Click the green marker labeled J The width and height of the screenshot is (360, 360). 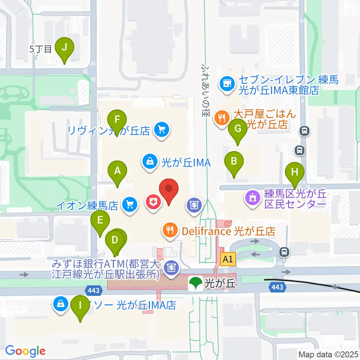[64, 48]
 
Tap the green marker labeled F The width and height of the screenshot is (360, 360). [117, 121]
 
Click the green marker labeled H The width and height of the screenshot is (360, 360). [295, 172]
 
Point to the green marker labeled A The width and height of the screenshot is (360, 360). [117, 171]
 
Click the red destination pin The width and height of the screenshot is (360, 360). [169, 189]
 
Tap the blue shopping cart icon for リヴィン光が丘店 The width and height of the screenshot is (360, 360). [162, 130]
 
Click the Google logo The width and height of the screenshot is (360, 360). [25, 351]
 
